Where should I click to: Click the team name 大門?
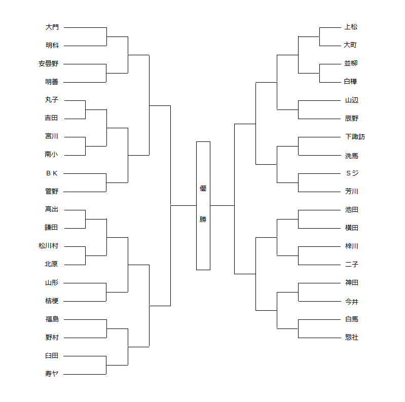tap(52, 27)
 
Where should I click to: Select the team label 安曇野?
tap(48, 63)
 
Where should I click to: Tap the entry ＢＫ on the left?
tap(52, 173)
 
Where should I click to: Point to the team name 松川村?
tap(48, 246)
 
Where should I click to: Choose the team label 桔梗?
tap(52, 301)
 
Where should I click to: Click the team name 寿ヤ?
tap(52, 374)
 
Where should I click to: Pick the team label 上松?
tap(351, 27)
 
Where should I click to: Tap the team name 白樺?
tap(351, 82)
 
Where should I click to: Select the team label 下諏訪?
tap(354, 136)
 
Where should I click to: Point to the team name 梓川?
tap(351, 246)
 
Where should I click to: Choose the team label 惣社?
tap(351, 337)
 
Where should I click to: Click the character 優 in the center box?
tap(203, 189)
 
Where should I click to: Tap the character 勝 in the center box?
tap(203, 219)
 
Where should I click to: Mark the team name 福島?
tap(52, 319)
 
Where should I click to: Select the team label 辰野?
tap(351, 118)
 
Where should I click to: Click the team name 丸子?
tap(52, 100)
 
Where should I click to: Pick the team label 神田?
tap(351, 282)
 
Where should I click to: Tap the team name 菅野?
tap(52, 191)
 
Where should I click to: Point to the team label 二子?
tap(351, 264)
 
